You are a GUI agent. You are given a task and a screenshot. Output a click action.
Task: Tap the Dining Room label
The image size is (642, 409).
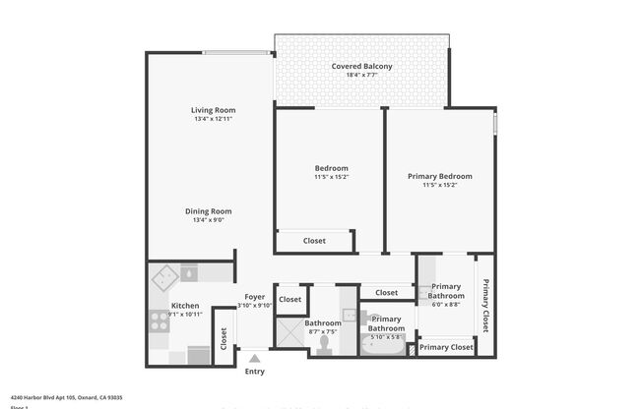[x=208, y=210]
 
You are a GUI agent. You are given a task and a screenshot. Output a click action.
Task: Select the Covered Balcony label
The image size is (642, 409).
[x=361, y=66]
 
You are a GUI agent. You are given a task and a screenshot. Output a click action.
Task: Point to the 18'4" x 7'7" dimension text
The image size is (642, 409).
[x=361, y=76]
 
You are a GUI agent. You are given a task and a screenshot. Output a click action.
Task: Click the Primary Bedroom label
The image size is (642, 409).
[x=439, y=176]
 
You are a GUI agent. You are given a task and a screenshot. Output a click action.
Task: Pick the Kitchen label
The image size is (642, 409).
[x=185, y=306]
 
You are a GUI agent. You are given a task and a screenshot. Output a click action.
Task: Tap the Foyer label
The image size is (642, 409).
[x=255, y=296]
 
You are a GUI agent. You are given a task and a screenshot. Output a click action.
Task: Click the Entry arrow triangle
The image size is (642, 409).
[x=254, y=358]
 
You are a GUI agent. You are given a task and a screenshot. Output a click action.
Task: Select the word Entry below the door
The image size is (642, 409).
[x=254, y=371]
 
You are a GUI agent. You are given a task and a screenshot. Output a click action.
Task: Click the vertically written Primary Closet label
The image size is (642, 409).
[x=485, y=304]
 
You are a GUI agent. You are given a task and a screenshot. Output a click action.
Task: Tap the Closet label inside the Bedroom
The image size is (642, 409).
[x=314, y=241]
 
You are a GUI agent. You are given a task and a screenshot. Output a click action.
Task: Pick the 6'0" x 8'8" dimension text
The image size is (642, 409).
[x=446, y=305]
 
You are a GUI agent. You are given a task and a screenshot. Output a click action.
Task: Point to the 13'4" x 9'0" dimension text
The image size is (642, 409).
[x=208, y=220]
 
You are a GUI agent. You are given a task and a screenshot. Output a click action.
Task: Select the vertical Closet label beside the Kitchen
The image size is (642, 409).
[x=224, y=339]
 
